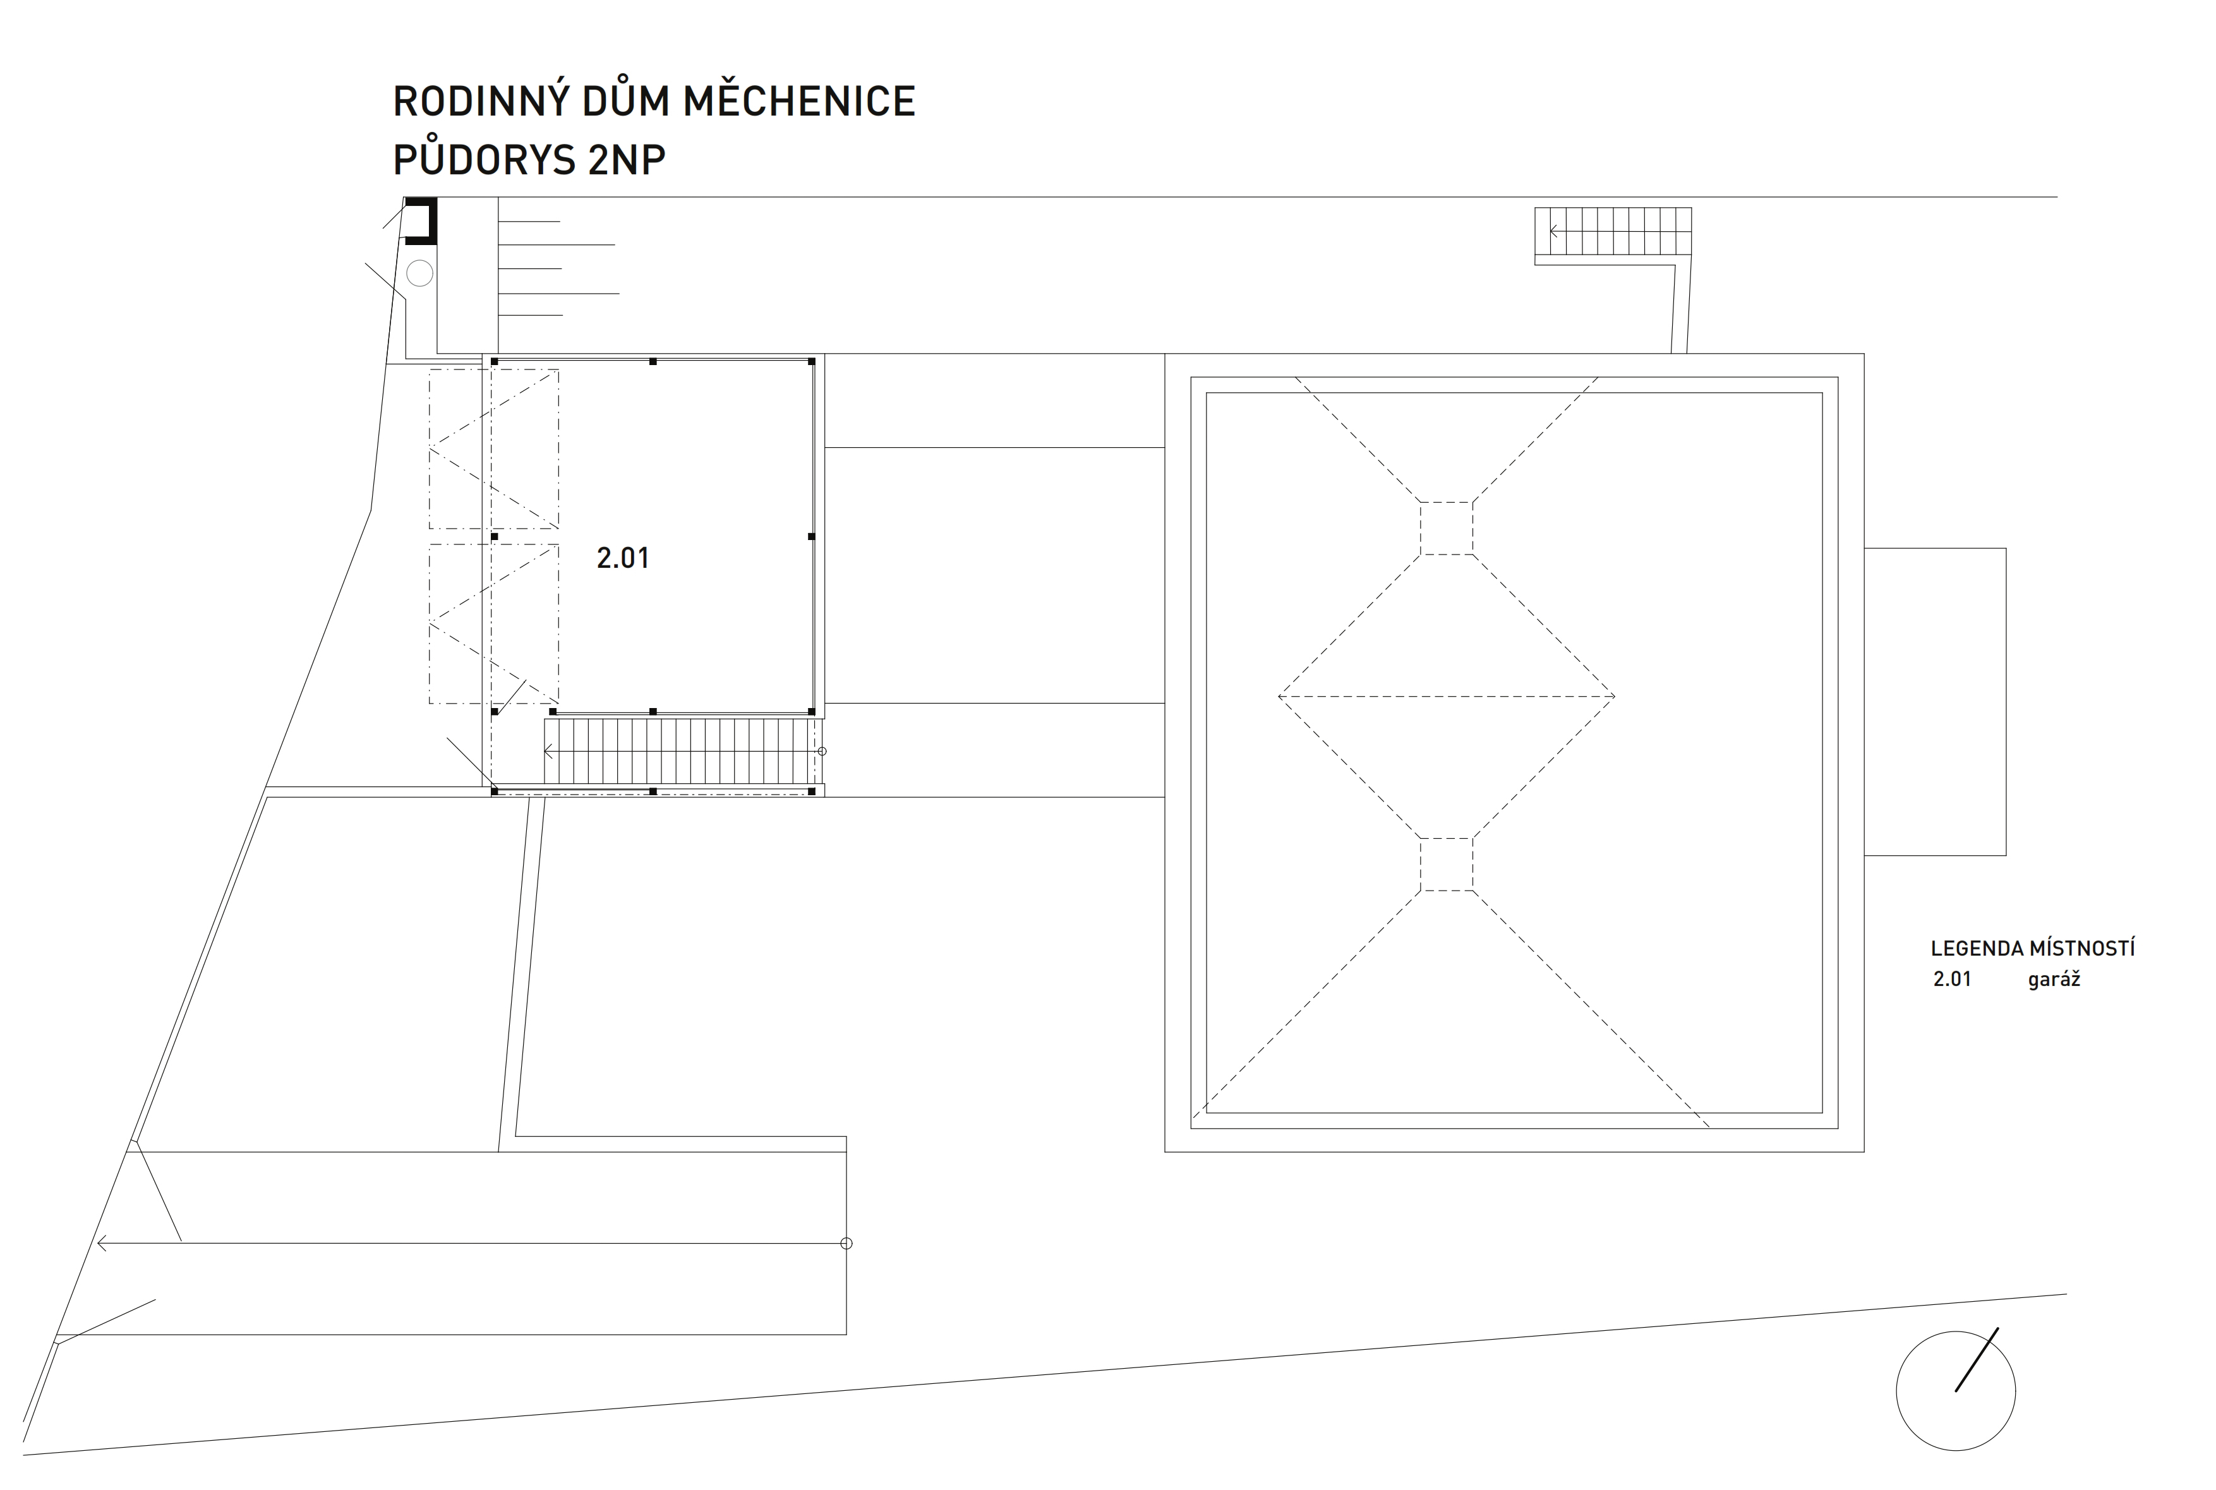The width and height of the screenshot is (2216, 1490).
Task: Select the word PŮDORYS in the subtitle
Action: (x=484, y=160)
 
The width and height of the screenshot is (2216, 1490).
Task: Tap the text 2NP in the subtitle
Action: (x=626, y=160)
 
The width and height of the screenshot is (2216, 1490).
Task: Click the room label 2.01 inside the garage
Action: (x=622, y=558)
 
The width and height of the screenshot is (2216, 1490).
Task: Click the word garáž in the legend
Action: (x=2054, y=980)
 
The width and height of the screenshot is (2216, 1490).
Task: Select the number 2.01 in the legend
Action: (x=1952, y=980)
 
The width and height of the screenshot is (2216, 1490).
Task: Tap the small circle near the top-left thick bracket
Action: (x=419, y=273)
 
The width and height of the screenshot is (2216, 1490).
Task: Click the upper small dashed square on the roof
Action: (x=1447, y=528)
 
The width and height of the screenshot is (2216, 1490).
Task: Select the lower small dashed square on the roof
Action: (x=1447, y=865)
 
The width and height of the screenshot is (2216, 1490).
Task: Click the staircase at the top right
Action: (x=1613, y=232)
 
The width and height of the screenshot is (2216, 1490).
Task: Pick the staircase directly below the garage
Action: (x=680, y=752)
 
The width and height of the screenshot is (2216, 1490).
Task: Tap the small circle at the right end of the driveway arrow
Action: (x=846, y=1243)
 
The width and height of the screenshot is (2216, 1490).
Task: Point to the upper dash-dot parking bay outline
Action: (x=493, y=448)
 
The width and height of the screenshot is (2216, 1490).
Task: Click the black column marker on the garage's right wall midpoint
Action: (x=812, y=537)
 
